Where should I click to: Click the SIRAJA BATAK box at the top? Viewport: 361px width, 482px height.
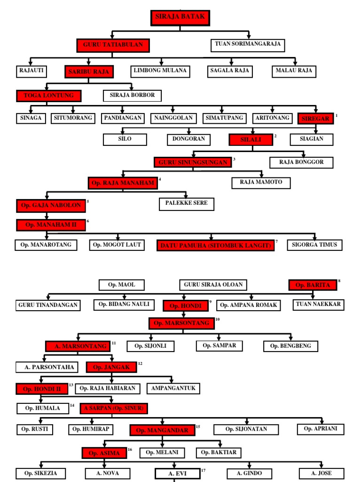[x=180, y=17]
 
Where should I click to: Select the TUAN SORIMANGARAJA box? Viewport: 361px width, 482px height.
[x=248, y=45]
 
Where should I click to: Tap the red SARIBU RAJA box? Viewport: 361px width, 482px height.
[x=89, y=72]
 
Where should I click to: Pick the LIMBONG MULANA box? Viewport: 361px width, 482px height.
[x=160, y=72]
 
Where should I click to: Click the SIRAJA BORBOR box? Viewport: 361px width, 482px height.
[x=132, y=96]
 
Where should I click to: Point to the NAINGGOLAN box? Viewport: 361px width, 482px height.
[x=173, y=118]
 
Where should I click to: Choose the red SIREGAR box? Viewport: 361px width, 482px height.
[x=315, y=118]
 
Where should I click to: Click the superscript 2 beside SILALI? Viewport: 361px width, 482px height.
[x=275, y=136]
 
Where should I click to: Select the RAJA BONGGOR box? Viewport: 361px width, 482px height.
[x=301, y=162]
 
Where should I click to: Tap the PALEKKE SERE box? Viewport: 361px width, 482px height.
[x=186, y=204]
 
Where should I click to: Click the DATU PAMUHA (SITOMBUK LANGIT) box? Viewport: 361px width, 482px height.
[x=215, y=245]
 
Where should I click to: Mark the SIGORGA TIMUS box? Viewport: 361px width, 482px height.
[x=314, y=245]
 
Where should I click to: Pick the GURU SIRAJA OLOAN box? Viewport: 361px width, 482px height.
[x=213, y=285]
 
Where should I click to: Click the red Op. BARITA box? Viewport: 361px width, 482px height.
[x=313, y=285]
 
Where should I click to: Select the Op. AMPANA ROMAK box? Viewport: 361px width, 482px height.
[x=248, y=305]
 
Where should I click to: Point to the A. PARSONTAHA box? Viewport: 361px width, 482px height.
[x=47, y=367]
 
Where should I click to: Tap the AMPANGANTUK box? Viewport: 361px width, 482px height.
[x=173, y=388]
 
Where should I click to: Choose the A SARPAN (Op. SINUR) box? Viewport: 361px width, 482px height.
[x=114, y=409]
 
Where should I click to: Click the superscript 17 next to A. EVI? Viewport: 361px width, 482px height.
[x=203, y=470]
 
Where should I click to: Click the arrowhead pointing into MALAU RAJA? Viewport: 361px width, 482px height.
[x=295, y=63]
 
